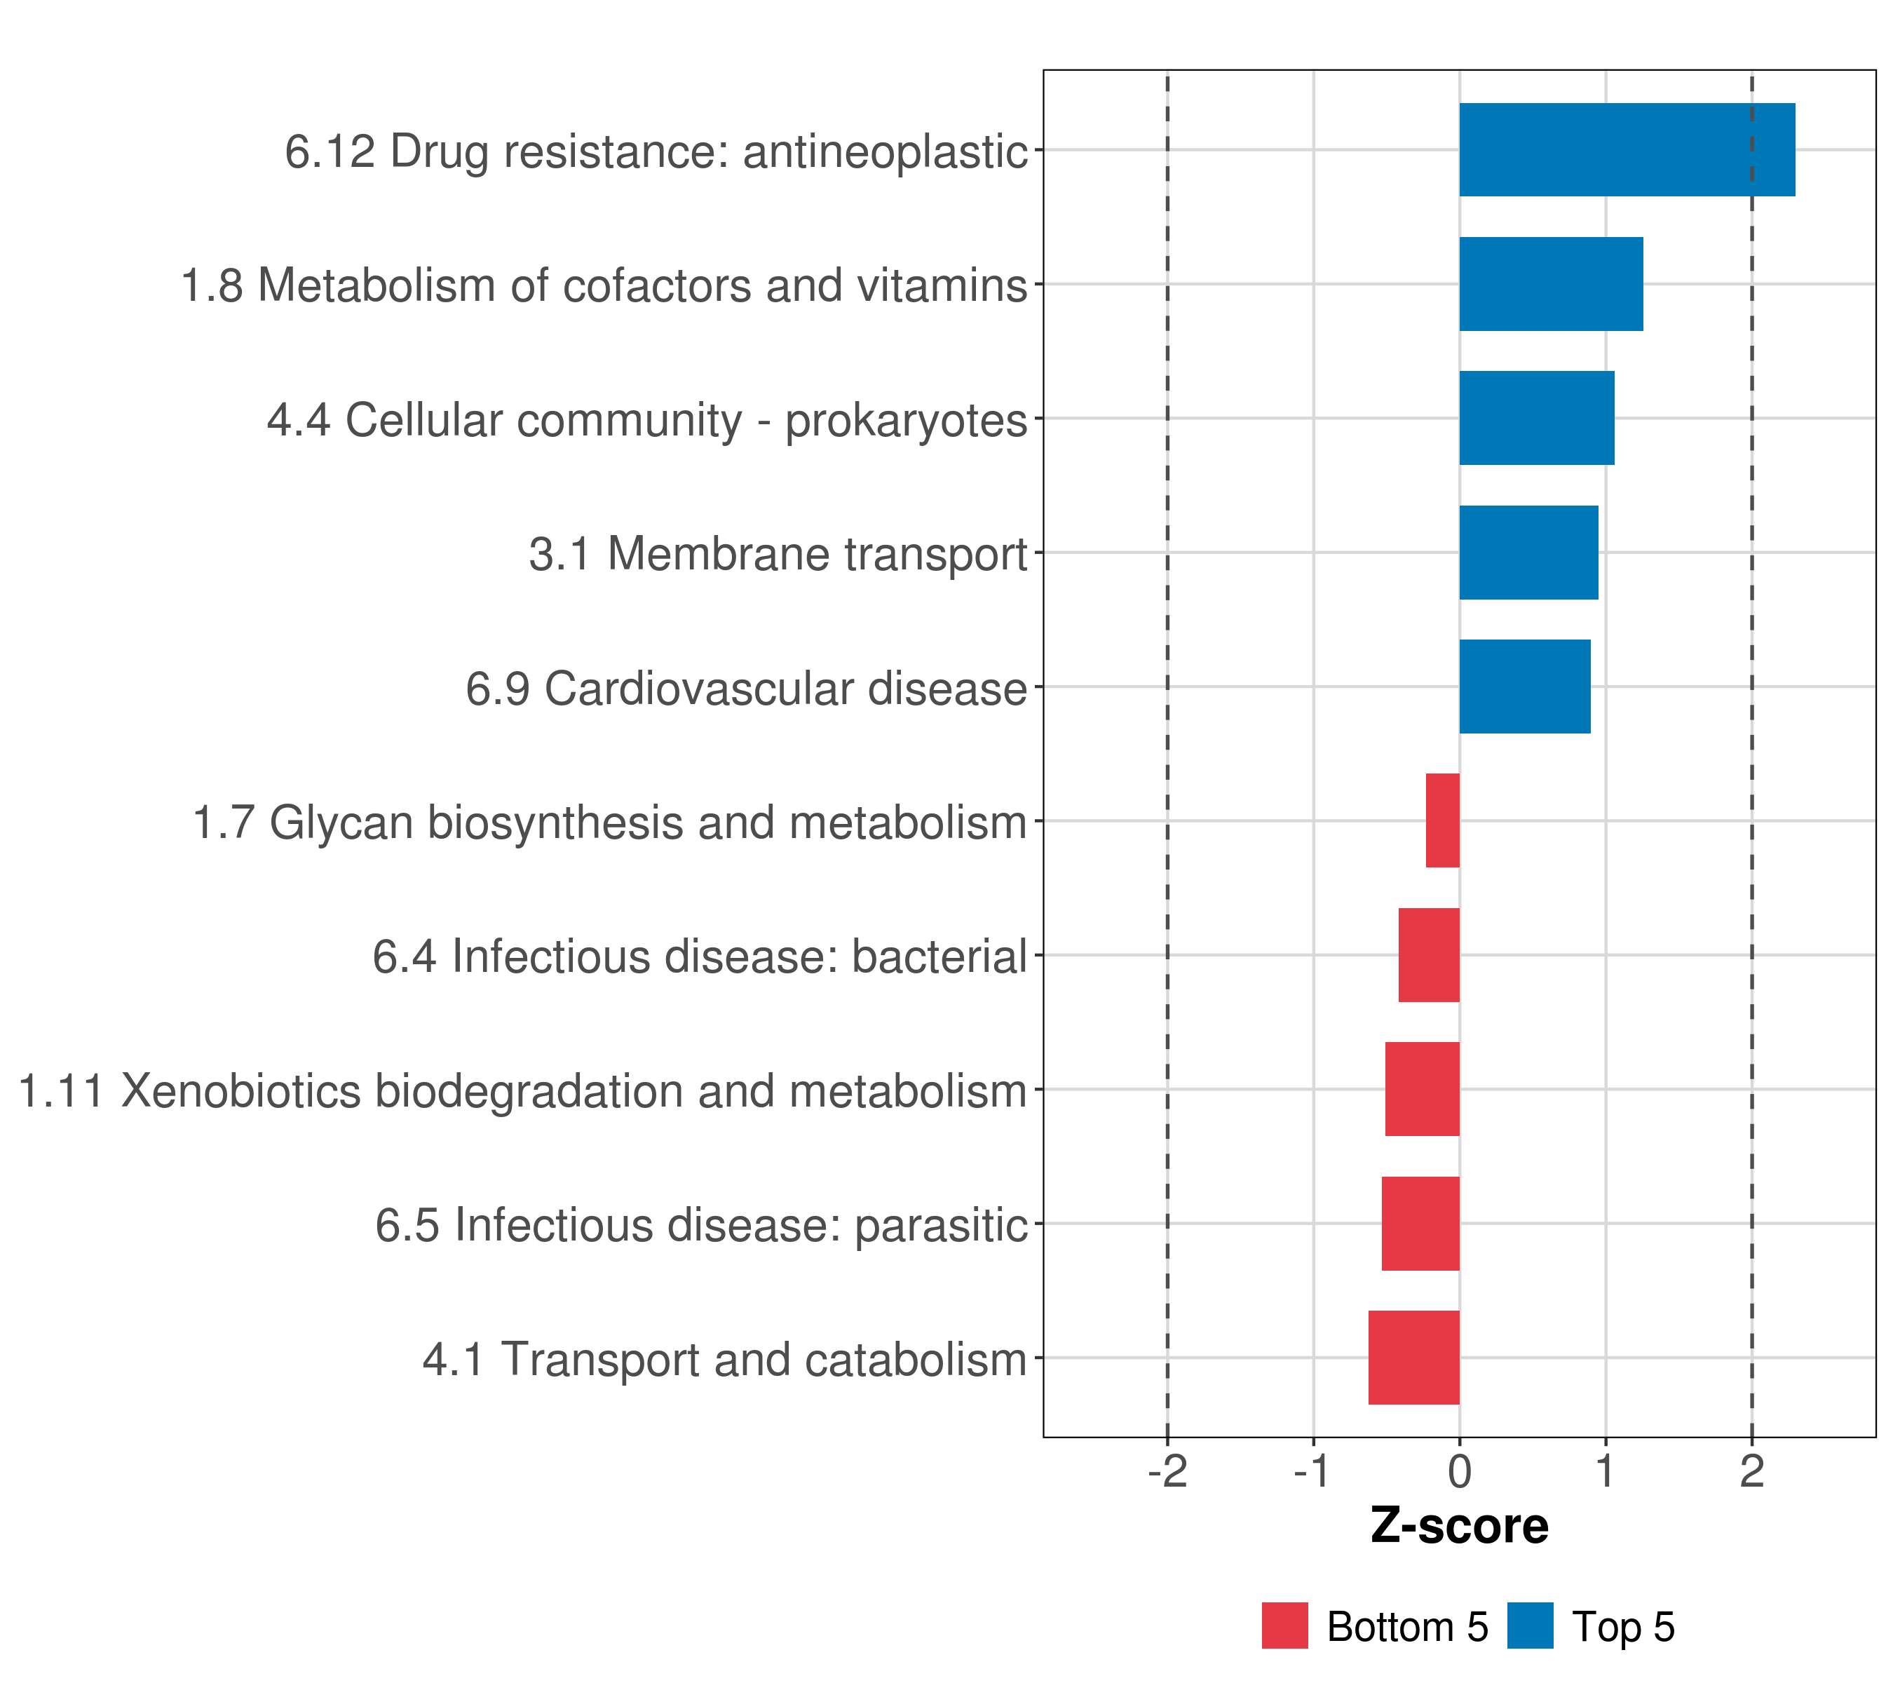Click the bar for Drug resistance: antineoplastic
pyautogui.click(x=1627, y=150)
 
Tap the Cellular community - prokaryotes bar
pyautogui.click(x=1536, y=419)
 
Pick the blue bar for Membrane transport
pyautogui.click(x=1528, y=553)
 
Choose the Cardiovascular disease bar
pyautogui.click(x=1524, y=687)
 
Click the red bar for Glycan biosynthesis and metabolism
pyautogui.click(x=1442, y=820)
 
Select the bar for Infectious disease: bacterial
pyautogui.click(x=1428, y=955)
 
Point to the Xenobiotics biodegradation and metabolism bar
pyautogui.click(x=1422, y=1089)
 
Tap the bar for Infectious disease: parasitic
pyautogui.click(x=1420, y=1224)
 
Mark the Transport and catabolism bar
pyautogui.click(x=1413, y=1358)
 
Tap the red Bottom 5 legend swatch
pyautogui.click(x=1284, y=1625)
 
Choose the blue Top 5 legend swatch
pyautogui.click(x=1529, y=1625)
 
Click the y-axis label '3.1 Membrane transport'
pyautogui.click(x=778, y=555)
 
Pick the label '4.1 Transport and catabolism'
pyautogui.click(x=725, y=1360)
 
